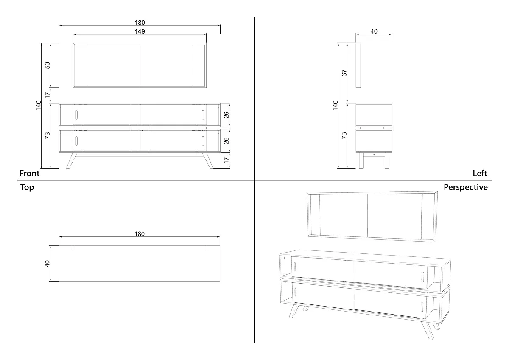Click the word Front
[29, 173]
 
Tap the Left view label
[480, 173]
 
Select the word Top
[27, 187]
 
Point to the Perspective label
[465, 187]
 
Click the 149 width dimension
[140, 31]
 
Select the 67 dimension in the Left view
[344, 73]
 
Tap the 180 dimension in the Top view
[140, 234]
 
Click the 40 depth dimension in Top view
[48, 264]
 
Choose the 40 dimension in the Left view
[374, 31]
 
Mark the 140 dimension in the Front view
[38, 105]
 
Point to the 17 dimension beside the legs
[226, 160]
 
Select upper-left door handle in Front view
[77, 115]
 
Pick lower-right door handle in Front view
[203, 141]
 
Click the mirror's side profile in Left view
[358, 65]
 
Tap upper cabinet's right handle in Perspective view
[422, 276]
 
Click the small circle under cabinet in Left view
[374, 155]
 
